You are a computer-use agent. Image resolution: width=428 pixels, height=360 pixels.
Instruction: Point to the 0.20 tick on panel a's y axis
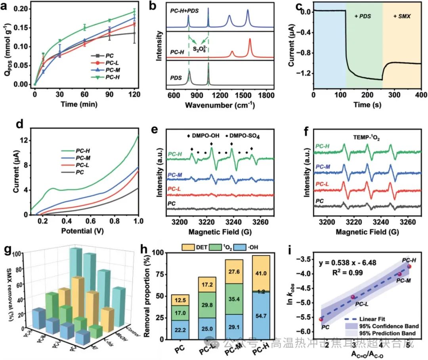tap(21, 9)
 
